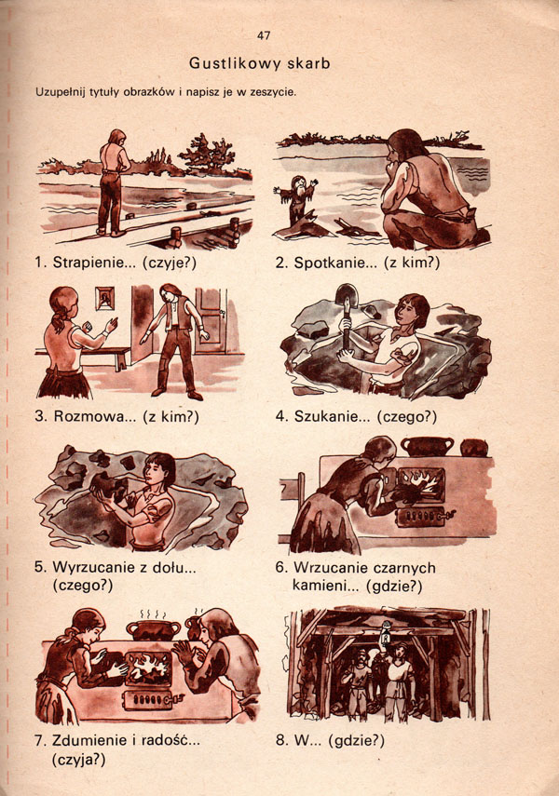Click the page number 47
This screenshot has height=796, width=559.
point(264,35)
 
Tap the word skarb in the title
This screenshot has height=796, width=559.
point(309,63)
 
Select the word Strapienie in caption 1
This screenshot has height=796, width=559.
point(89,263)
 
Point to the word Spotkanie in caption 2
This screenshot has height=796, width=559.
point(329,263)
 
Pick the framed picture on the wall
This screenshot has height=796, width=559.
point(105,299)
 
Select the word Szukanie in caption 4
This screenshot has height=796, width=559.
point(327,417)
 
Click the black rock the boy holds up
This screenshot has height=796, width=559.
point(108,487)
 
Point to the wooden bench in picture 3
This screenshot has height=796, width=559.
point(81,357)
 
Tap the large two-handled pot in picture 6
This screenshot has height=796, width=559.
point(428,446)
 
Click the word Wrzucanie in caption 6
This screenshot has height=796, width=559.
point(328,567)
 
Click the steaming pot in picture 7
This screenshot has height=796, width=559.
point(154,629)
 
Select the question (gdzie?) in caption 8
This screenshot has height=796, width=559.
point(356,741)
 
